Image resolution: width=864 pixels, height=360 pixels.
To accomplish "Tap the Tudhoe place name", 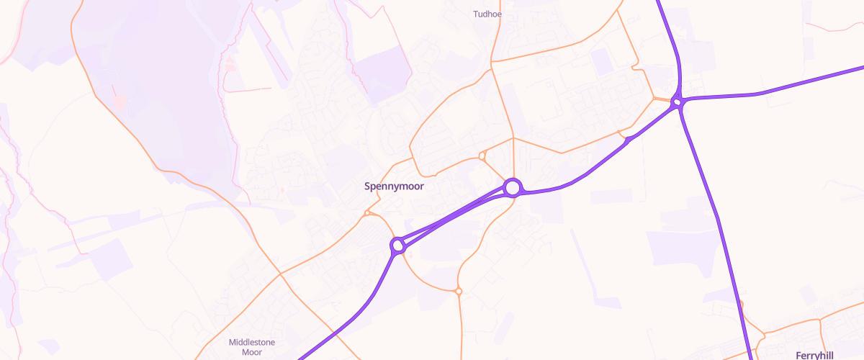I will (487, 14).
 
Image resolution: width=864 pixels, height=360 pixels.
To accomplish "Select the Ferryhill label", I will (814, 355).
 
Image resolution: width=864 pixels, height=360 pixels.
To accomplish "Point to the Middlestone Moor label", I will (251, 347).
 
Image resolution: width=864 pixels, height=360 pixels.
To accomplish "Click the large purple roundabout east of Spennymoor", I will (512, 188).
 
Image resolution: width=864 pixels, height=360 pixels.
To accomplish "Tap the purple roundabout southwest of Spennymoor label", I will (397, 246).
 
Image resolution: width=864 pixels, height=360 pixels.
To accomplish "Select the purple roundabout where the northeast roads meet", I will (676, 103).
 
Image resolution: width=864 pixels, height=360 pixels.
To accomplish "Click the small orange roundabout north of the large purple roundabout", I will (482, 156).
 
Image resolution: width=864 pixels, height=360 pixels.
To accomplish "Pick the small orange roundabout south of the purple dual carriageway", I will (458, 291).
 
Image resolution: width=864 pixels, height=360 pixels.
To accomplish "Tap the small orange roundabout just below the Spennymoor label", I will (367, 212).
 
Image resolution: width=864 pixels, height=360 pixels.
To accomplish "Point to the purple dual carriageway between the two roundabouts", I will (454, 216).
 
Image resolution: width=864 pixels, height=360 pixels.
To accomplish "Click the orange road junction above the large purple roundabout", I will (513, 138).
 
